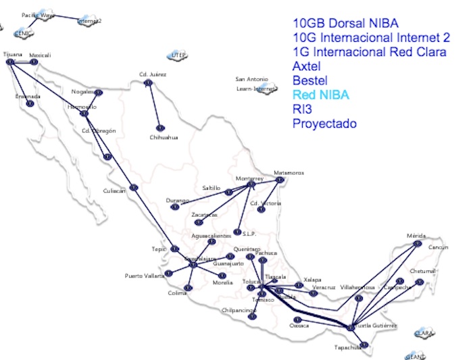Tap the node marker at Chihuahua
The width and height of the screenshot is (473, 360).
(160, 127)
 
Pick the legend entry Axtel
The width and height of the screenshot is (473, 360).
(307, 66)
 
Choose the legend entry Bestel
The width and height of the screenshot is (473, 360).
(309, 81)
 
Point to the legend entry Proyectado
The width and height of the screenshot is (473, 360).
(324, 124)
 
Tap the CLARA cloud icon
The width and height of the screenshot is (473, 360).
(424, 332)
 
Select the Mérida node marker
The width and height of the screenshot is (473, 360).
(418, 243)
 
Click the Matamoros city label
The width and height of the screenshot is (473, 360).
(289, 173)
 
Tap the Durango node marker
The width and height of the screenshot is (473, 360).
(175, 207)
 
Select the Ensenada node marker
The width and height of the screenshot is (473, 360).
(29, 104)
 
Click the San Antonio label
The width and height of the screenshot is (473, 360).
(251, 79)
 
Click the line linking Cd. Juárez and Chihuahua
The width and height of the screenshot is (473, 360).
(154, 105)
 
